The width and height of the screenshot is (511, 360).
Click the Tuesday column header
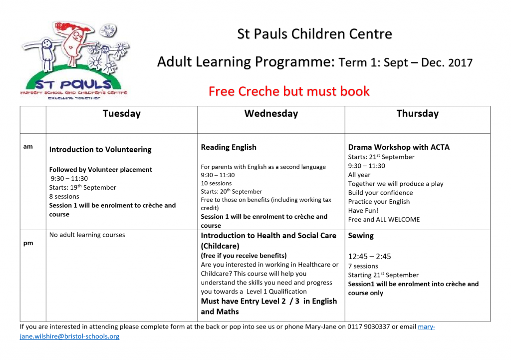[x=121, y=114]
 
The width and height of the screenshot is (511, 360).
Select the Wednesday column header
[x=271, y=114]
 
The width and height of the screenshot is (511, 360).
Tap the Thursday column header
[x=417, y=114]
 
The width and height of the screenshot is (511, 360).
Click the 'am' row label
[x=28, y=146]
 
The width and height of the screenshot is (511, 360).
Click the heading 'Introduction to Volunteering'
[x=100, y=149]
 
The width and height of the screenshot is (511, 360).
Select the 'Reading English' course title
[x=229, y=147]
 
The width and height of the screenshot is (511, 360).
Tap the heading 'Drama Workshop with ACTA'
[x=399, y=147]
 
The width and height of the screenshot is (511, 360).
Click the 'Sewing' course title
[x=361, y=236]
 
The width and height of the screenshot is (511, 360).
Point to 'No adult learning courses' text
[x=87, y=235]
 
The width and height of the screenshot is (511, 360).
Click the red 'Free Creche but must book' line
[x=289, y=91]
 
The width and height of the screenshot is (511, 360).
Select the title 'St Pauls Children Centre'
[x=314, y=34]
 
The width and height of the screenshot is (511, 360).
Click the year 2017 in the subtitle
[x=460, y=63]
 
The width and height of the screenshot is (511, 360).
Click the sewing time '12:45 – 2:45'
[x=369, y=257]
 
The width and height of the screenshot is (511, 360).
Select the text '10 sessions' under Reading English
[x=216, y=183]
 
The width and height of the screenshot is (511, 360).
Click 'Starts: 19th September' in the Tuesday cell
[x=82, y=188]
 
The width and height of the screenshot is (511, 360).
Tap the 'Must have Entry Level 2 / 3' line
[x=268, y=301]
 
